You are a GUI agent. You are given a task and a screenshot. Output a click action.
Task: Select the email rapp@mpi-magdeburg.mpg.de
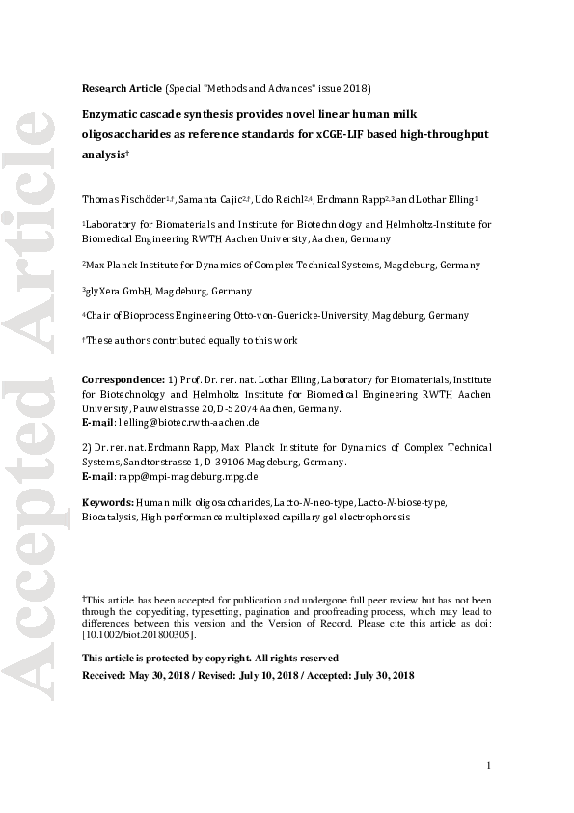pos(187,476)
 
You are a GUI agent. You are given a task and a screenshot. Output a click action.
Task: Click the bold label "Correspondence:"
pos(123,380)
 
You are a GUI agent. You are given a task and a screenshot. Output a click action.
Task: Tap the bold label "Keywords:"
pos(107,503)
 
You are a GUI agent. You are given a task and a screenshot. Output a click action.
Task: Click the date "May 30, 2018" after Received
pos(160,675)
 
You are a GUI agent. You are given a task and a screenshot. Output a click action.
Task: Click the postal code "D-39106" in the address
pos(249,463)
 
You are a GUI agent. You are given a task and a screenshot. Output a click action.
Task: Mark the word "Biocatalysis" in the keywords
pos(109,517)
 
